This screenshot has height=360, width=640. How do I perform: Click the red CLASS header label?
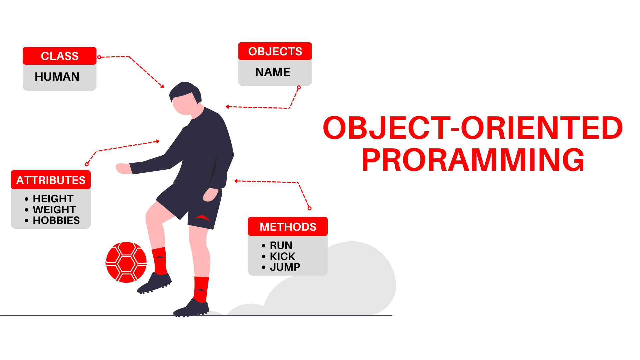point(60,56)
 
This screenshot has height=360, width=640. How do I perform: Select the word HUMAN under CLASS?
point(57,77)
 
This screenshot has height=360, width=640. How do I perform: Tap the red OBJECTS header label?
point(275,51)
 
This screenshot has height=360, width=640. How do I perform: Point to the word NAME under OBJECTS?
point(273,72)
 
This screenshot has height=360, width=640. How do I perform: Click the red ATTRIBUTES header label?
point(51,180)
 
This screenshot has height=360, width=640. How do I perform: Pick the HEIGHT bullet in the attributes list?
point(53,199)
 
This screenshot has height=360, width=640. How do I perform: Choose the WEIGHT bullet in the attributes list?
point(54,210)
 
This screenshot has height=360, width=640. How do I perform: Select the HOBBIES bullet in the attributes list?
point(56,220)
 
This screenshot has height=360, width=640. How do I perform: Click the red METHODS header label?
point(288,227)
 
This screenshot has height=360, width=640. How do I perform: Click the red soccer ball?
point(126,262)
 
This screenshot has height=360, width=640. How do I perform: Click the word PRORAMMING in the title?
point(473,160)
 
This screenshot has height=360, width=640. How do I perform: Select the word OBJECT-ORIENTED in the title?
point(473,128)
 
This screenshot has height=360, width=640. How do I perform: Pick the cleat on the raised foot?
point(154,283)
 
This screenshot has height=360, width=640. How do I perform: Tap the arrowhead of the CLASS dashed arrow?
point(162,86)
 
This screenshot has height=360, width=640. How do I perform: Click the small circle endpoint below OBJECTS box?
point(299,87)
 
